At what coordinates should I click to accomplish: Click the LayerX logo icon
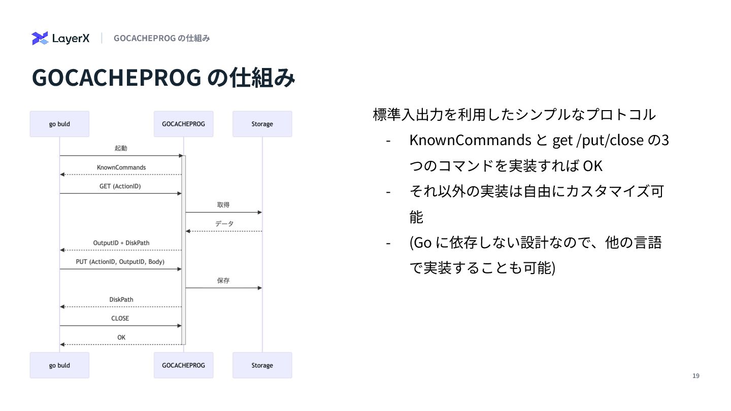[x=40, y=38]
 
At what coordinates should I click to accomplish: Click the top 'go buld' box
[x=59, y=124]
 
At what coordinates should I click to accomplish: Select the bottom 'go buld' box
[x=59, y=365]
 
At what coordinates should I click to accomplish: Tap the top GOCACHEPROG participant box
[x=183, y=124]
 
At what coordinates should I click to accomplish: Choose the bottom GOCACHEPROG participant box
[x=183, y=365]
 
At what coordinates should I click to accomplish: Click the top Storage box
[x=262, y=124]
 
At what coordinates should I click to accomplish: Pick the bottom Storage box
[x=262, y=365]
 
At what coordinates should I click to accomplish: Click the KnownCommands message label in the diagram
[x=121, y=167]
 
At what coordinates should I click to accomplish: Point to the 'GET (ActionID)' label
[x=120, y=186]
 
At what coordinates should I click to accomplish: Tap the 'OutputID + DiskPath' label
[x=121, y=243]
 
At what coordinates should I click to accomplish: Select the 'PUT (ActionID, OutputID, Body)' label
[x=120, y=262]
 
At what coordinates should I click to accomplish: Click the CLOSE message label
[x=120, y=318]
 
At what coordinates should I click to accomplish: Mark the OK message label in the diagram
[x=121, y=337]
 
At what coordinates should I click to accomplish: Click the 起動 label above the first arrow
[x=121, y=149]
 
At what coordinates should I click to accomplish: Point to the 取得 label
[x=223, y=205]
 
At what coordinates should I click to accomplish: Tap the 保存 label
[x=223, y=281]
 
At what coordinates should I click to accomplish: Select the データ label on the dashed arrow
[x=224, y=224]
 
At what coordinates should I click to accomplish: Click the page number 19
[x=696, y=376]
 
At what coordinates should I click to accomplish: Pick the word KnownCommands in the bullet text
[x=470, y=140]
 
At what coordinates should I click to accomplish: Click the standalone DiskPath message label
[x=121, y=299]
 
